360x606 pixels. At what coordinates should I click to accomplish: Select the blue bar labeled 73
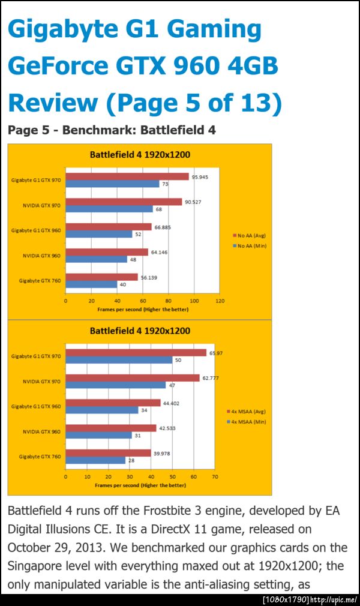113,184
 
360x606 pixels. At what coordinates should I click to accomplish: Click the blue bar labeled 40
92,284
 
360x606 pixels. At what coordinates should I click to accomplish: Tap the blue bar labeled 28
95,460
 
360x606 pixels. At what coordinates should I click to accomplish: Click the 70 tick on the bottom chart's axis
215,477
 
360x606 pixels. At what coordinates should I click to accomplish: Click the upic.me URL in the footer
334,600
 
